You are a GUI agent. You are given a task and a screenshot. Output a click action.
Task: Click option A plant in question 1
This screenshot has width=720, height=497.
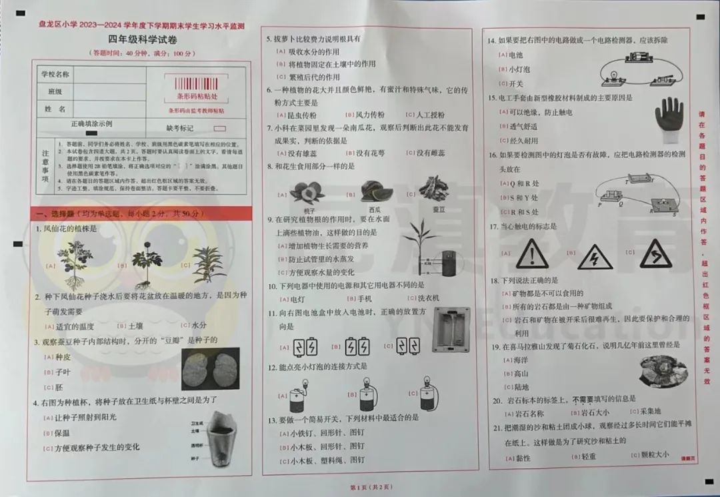[75, 264]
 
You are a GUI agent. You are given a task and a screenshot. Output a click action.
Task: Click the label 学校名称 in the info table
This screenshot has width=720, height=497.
[55, 73]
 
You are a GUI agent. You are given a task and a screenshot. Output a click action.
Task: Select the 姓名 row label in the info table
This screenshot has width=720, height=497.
[55, 108]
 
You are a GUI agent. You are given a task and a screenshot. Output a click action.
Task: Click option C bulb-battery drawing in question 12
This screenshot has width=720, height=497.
[427, 395]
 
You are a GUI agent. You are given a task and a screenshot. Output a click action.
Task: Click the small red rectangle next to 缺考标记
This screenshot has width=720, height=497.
[219, 127]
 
